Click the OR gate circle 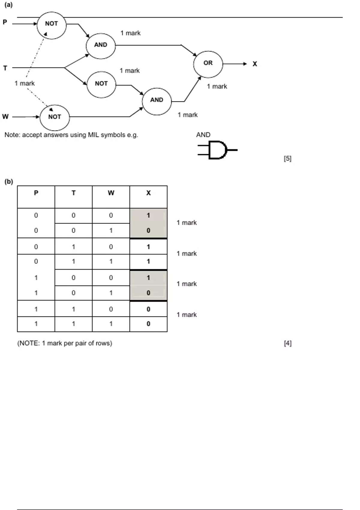click(208, 64)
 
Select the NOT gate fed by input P click(51, 25)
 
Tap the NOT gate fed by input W click(55, 117)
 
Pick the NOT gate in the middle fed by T click(101, 84)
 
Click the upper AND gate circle click(100, 45)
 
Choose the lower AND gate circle click(157, 101)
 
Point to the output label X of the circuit click(255, 64)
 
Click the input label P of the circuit click(5, 22)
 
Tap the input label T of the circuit click(5, 68)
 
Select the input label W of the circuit click(5, 117)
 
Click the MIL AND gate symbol click(217, 150)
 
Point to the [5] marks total click(287, 158)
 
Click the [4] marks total click(287, 343)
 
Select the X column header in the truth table click(148, 193)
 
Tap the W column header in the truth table click(111, 193)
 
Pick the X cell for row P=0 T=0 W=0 click(148, 215)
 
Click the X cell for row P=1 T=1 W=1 click(148, 324)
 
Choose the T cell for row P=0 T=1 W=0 click(73, 247)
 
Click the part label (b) click(9, 181)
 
